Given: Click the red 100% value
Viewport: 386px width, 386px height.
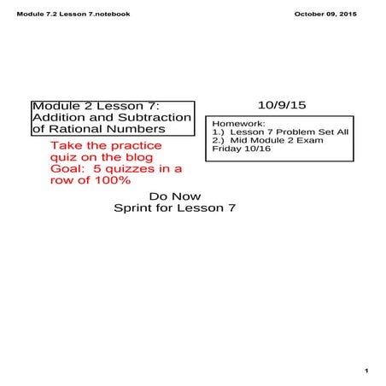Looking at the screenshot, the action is pos(111,180).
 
